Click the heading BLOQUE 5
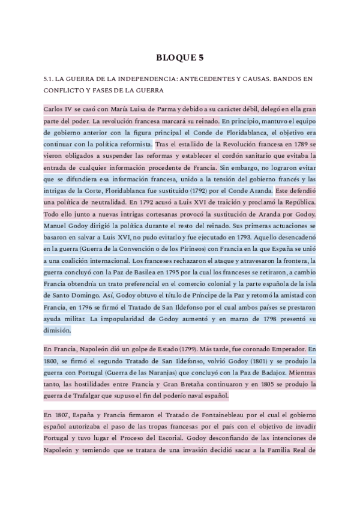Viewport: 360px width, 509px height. (180, 58)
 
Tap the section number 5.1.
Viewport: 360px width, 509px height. (50, 79)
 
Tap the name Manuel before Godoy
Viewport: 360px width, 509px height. (57, 226)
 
